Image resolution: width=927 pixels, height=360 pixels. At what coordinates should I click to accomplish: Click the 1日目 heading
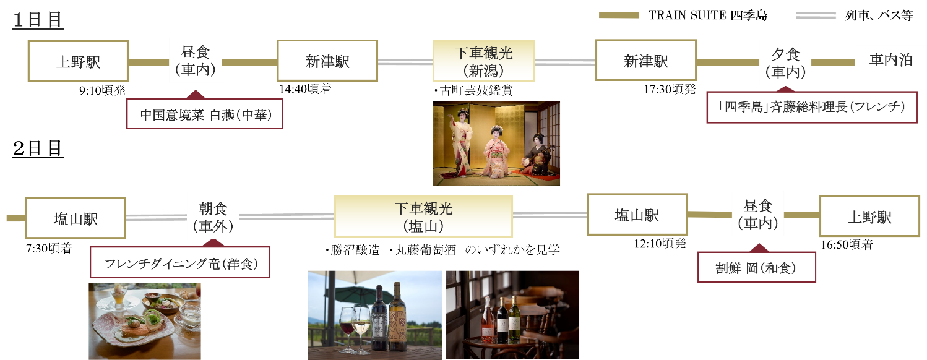(x=38, y=20)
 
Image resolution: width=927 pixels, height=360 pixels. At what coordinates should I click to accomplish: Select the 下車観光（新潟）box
(x=483, y=61)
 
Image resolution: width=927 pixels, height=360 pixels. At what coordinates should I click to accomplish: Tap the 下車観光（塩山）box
(x=423, y=216)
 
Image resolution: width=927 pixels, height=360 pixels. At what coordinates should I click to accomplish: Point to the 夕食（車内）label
(x=785, y=62)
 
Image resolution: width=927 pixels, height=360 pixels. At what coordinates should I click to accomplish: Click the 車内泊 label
(x=890, y=60)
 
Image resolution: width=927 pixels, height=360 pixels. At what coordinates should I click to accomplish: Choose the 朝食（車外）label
(x=213, y=216)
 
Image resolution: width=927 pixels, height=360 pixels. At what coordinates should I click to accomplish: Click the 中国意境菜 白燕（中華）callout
(x=205, y=114)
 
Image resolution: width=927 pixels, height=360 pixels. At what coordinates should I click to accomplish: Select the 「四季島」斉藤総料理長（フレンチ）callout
(x=812, y=107)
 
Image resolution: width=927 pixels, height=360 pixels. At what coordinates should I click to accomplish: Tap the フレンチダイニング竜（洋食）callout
(x=180, y=263)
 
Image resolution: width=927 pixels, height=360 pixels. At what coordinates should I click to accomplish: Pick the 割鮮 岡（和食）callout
(x=756, y=268)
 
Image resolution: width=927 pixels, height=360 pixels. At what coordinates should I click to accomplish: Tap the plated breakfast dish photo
(x=144, y=321)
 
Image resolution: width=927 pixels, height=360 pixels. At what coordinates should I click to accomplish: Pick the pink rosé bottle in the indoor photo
(x=489, y=319)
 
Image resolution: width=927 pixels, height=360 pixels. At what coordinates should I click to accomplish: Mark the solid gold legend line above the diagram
(x=619, y=15)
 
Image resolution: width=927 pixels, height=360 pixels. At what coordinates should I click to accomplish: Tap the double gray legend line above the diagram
(x=815, y=15)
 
